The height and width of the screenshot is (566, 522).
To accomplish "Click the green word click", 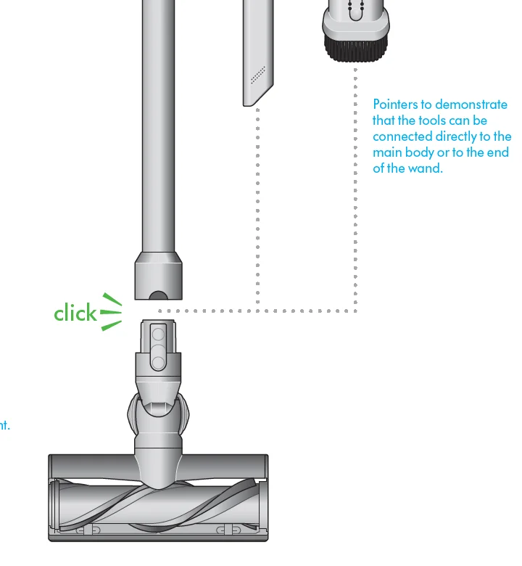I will [75, 313].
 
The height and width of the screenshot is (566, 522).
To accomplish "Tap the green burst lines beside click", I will [111, 312].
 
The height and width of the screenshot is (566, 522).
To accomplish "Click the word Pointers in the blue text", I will [395, 104].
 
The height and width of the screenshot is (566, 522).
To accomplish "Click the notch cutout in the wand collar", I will [157, 296].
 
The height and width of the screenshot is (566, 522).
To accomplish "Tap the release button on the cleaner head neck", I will [157, 346].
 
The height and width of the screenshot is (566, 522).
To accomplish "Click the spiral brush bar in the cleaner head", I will [157, 507].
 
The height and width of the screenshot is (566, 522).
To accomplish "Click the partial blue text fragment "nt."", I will [4, 426].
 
